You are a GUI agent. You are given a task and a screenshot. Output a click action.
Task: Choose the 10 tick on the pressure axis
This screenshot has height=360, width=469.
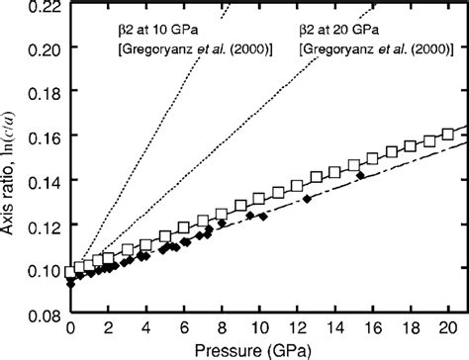coord(259,327)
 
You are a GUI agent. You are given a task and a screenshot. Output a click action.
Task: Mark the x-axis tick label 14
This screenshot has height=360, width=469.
coord(334,327)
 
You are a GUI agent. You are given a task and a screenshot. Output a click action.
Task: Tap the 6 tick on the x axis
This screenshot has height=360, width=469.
coord(184,327)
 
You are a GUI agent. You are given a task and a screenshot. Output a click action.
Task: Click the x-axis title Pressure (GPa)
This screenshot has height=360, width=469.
coord(259,348)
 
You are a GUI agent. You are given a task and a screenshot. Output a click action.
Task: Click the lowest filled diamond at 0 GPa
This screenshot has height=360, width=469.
coord(70,284)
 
